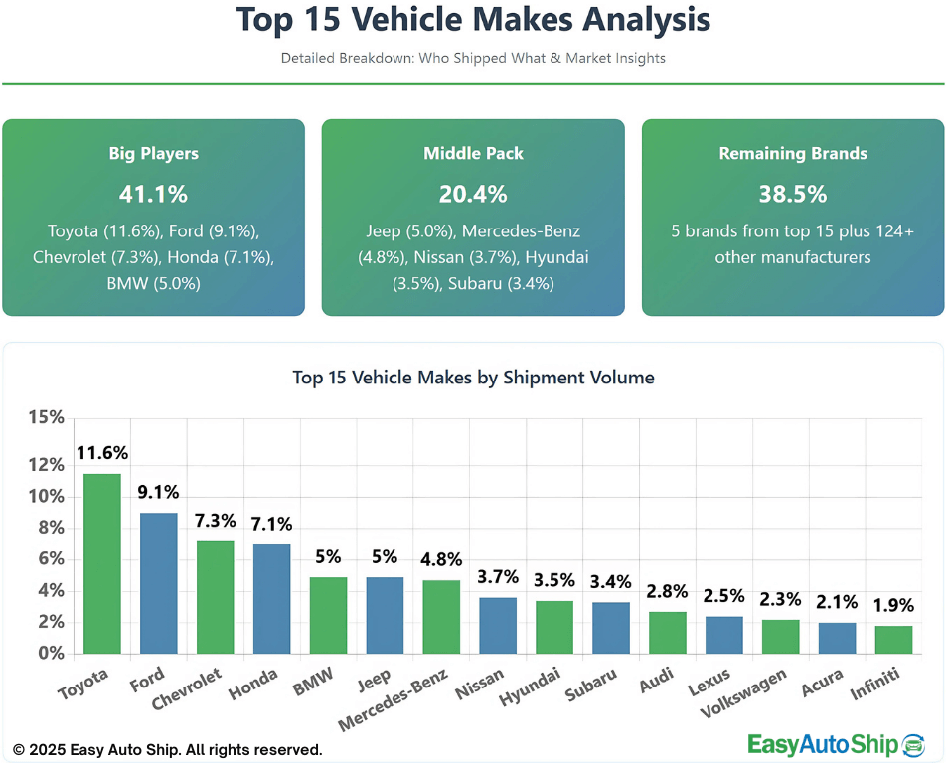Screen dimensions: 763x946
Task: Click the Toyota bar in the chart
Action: (x=102, y=563)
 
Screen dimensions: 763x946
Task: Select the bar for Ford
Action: (x=159, y=583)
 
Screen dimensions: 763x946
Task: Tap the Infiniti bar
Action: (x=893, y=640)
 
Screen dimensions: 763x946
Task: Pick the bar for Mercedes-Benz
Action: (x=442, y=617)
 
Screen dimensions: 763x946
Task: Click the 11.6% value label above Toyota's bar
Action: (x=102, y=453)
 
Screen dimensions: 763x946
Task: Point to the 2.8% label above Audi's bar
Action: (x=668, y=591)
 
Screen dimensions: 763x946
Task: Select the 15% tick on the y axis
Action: (x=46, y=417)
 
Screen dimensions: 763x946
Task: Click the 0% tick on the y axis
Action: (x=50, y=654)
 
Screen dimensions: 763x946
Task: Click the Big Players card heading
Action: (x=153, y=154)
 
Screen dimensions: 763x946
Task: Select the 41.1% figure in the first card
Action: (x=153, y=194)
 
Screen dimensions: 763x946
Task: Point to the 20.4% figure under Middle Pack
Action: (x=473, y=194)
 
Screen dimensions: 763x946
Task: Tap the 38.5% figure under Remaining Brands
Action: (x=793, y=194)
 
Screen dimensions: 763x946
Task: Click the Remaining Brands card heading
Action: (x=793, y=154)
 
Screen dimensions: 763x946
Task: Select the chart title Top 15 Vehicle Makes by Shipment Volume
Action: (x=473, y=378)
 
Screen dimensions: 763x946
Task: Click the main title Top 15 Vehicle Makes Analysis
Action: (x=473, y=20)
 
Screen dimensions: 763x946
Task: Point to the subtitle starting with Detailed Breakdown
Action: (x=473, y=58)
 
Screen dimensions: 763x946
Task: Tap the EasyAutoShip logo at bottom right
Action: (x=835, y=744)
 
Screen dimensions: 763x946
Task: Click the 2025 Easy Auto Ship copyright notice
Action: (x=167, y=749)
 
